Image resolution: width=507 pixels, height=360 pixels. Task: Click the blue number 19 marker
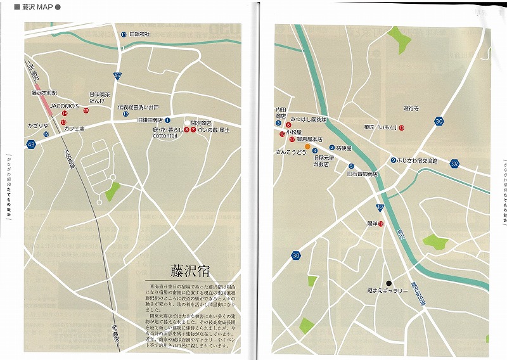pyautogui.click(x=46, y=134)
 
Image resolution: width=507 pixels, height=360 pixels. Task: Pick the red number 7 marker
pyautogui.click(x=193, y=130)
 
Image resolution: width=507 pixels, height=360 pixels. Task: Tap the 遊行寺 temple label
pyautogui.click(x=412, y=109)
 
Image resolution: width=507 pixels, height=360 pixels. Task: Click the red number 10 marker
pyautogui.click(x=402, y=128)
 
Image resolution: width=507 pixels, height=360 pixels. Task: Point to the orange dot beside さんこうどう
pyautogui.click(x=307, y=146)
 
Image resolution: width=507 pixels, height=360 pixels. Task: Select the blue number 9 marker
pyautogui.click(x=394, y=160)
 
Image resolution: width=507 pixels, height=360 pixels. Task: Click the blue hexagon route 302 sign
pyautogui.click(x=454, y=164)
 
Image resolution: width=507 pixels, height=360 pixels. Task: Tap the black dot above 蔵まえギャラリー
pyautogui.click(x=389, y=283)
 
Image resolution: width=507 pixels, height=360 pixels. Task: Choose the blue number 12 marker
pyautogui.click(x=126, y=114)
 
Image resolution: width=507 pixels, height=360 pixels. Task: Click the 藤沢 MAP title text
pyautogui.click(x=37, y=7)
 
